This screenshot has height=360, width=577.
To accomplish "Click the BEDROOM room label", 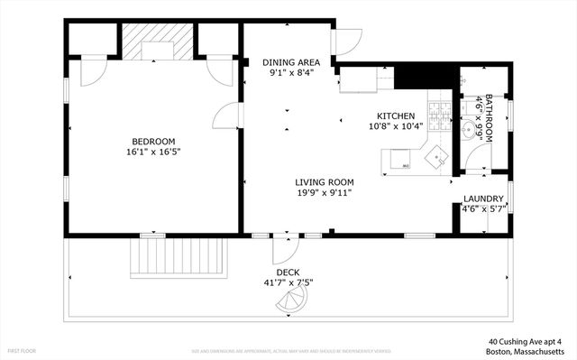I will pos(153,141).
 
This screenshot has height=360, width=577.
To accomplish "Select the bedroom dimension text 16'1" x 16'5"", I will pos(153,153).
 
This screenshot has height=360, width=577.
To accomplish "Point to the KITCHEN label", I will pos(396,115).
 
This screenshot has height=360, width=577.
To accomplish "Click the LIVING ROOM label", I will pos(323,180).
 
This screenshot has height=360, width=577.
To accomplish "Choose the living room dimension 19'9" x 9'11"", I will pos(323,192).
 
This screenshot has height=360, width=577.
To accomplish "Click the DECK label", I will pos(288,272).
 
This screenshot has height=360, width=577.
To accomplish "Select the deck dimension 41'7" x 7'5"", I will pos(288,282).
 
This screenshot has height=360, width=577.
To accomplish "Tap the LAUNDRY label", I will pos(483,198).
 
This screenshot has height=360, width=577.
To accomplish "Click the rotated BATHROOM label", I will pos(489,117).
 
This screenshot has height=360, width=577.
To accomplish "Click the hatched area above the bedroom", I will pos(158,41).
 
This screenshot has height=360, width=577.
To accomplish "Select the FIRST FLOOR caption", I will pos(22,349).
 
